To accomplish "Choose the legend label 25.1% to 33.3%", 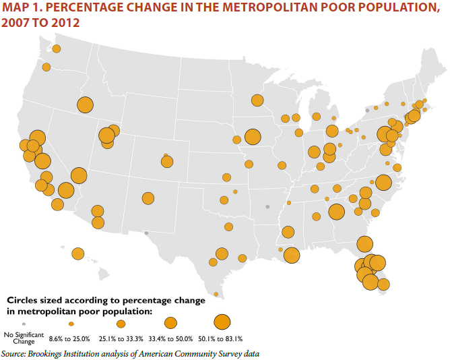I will [118, 338].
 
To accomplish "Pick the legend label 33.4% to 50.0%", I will [170, 338].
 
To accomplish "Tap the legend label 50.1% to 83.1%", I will [222, 338].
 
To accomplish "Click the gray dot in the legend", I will [24, 324].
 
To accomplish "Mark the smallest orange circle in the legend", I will [71, 323].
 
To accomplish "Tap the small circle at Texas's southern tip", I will [216, 294].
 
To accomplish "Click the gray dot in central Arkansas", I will [267, 206].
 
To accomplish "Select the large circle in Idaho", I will [85, 105].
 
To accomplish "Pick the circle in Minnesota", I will [257, 100].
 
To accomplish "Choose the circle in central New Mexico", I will [148, 198].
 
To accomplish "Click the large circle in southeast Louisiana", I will [292, 255].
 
